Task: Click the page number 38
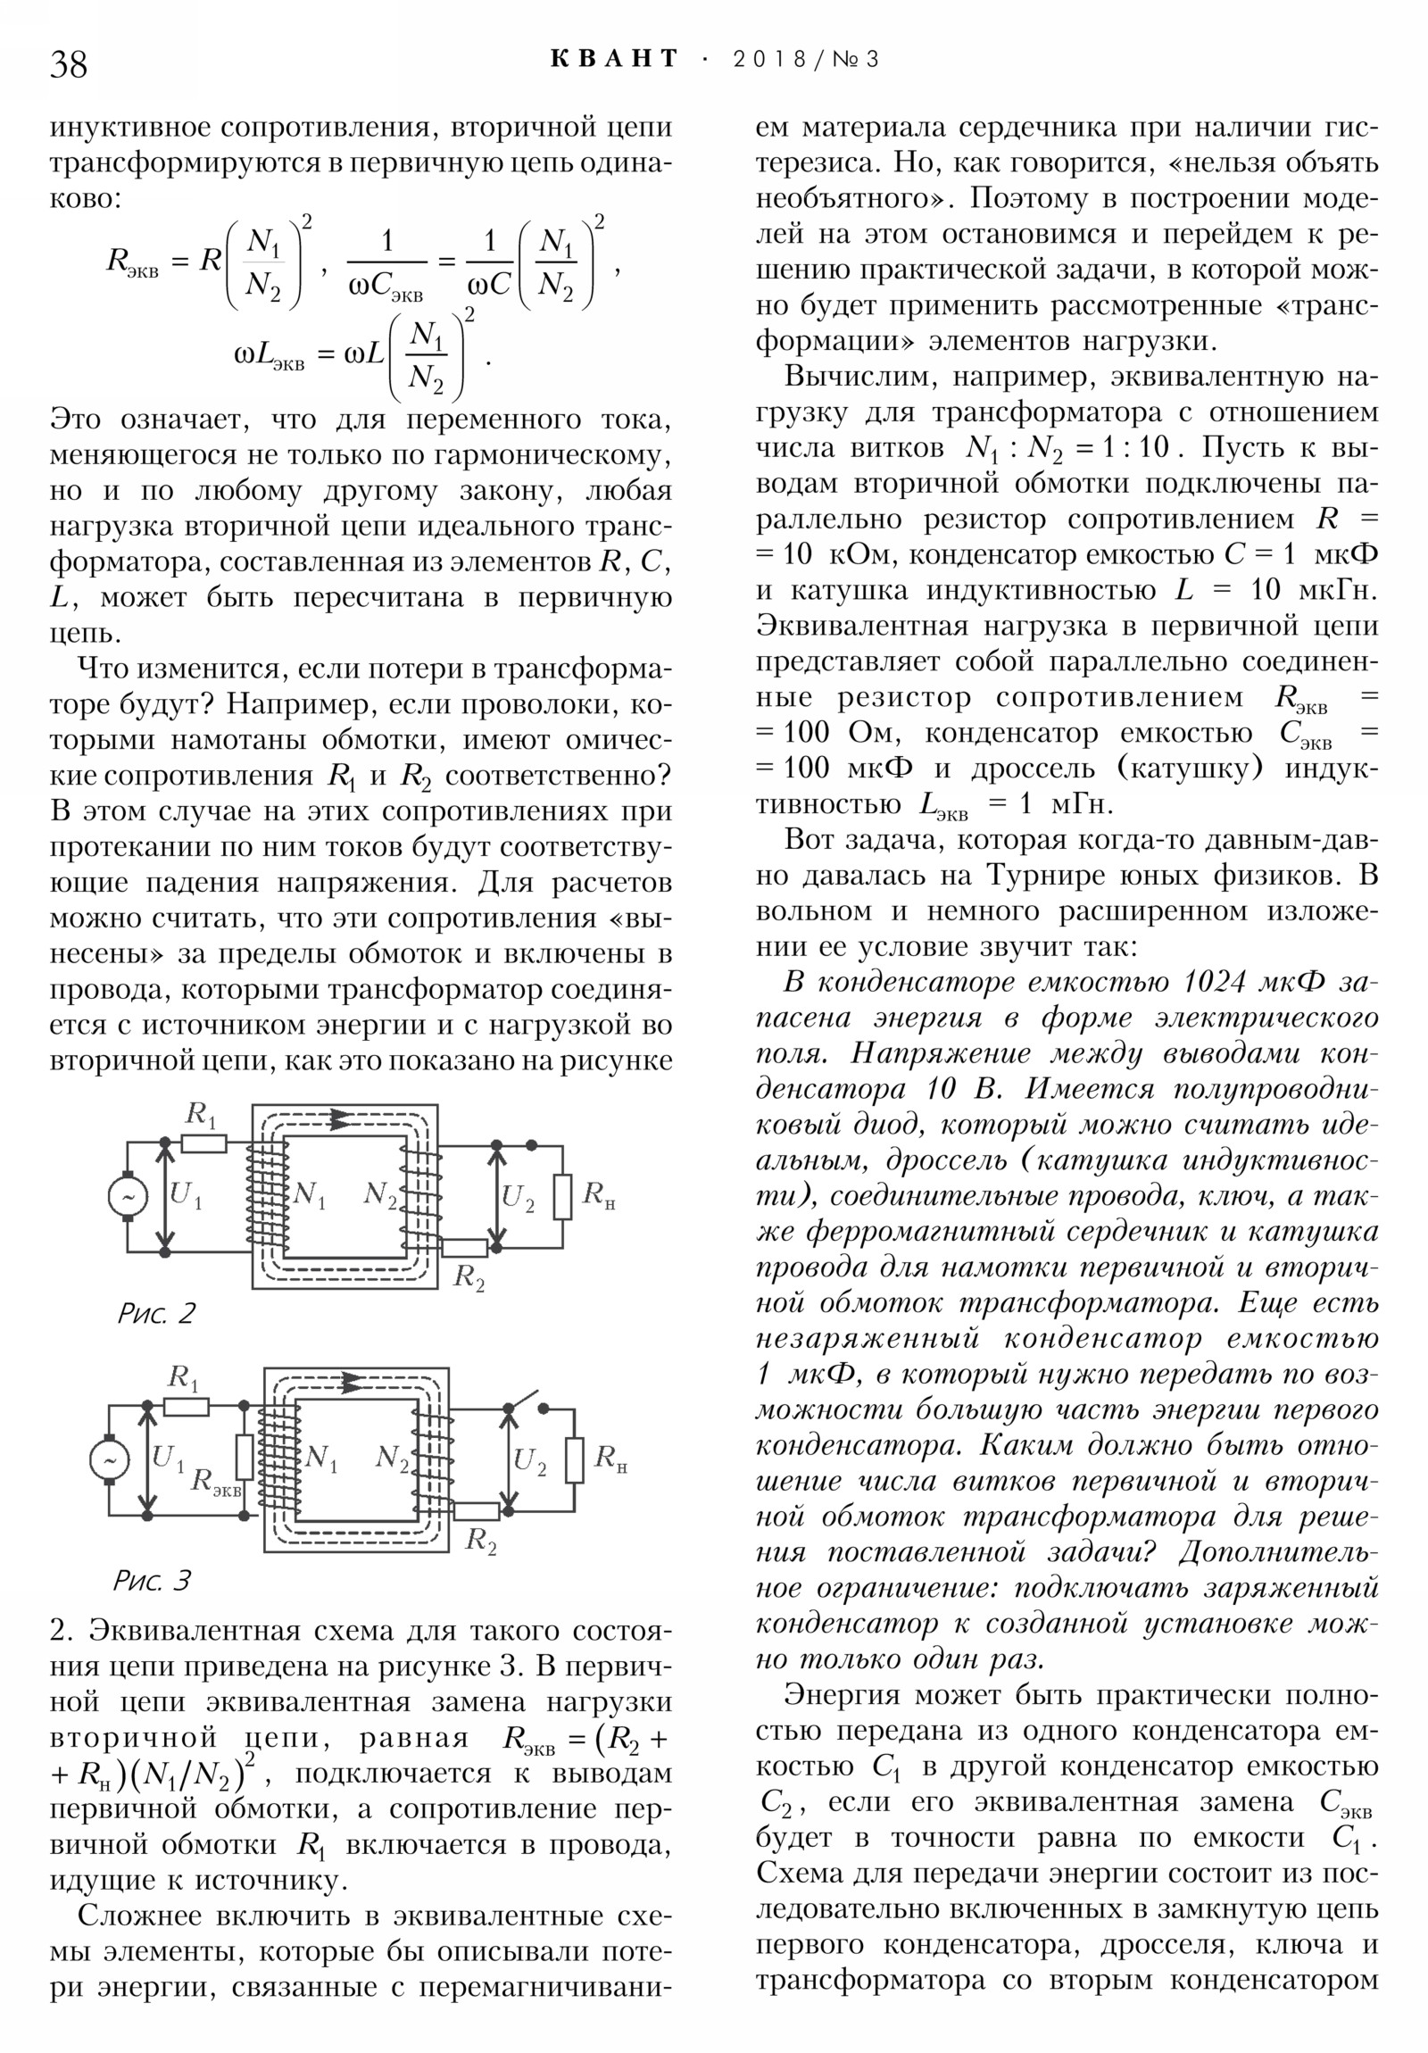click(69, 64)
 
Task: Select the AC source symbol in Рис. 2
click(128, 1196)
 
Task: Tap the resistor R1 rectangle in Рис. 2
click(203, 1143)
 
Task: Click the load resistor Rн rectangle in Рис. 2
click(562, 1196)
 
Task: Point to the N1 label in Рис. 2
click(309, 1194)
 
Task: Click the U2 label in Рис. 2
click(518, 1197)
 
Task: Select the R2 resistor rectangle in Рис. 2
click(465, 1247)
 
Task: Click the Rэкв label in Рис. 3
click(215, 1481)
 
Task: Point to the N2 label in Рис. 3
click(392, 1459)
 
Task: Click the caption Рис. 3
click(151, 1580)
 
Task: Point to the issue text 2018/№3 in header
click(806, 60)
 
